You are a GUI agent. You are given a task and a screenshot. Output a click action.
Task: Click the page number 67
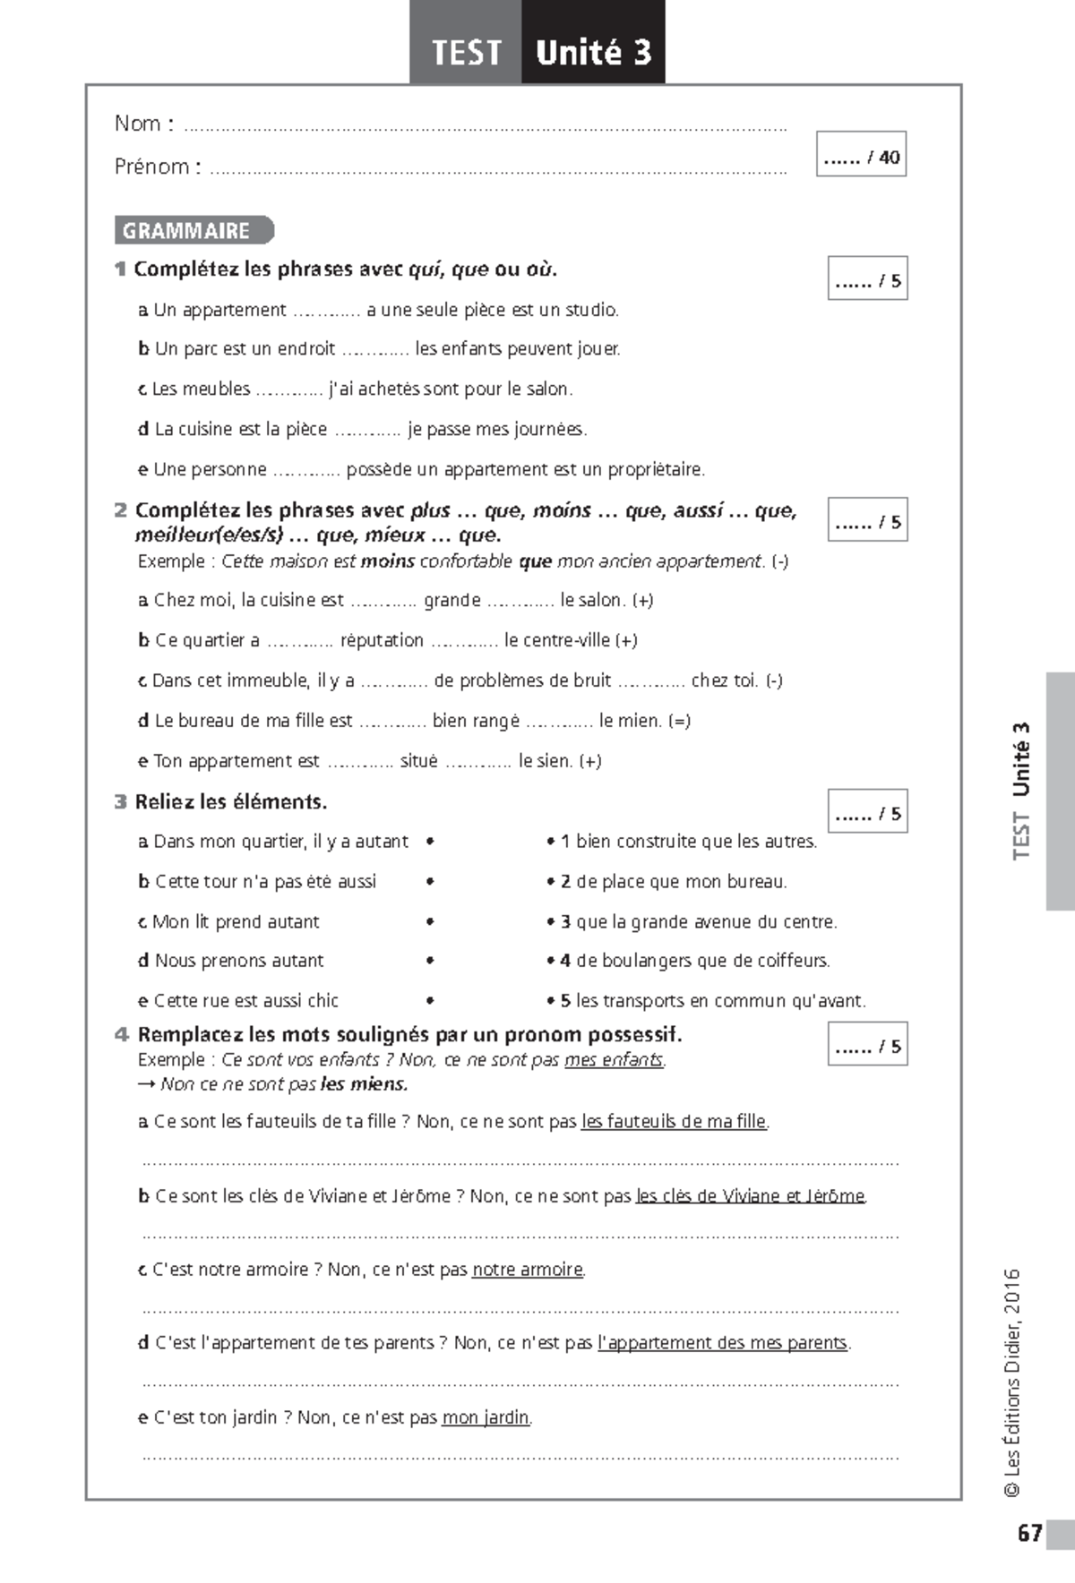(x=1029, y=1533)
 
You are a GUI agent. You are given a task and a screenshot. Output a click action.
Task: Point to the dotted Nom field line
(x=484, y=128)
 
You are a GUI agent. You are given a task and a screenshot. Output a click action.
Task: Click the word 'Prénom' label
(x=151, y=167)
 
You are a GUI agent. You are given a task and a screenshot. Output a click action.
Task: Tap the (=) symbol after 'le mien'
(x=679, y=721)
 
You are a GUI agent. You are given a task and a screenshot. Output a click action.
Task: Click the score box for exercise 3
(x=867, y=811)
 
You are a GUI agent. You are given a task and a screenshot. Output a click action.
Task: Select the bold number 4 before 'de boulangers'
(x=565, y=961)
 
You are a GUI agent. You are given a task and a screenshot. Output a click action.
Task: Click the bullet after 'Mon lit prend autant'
(x=431, y=921)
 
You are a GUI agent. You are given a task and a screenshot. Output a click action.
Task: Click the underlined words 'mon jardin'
(x=486, y=1418)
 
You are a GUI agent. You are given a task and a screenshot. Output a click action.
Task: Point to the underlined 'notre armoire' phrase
(x=528, y=1270)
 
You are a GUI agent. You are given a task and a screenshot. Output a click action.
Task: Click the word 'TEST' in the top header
(x=466, y=52)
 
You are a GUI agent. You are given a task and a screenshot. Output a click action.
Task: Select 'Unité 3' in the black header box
(x=593, y=52)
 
